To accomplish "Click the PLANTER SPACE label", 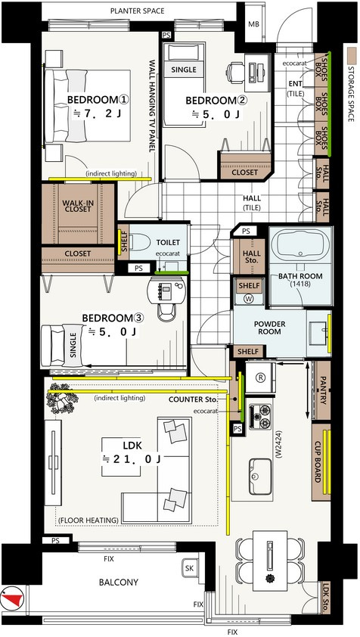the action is pos(138,11).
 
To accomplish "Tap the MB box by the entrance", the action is pos(253,23).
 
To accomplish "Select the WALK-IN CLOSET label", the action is pos(77,206).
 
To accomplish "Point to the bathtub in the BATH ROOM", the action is pos(299,247).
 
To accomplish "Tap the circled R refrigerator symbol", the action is pos(260,377).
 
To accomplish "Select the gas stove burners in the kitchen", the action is pos(259,416).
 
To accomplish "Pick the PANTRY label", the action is pos(324,390).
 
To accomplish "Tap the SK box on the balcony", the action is pos(189,568).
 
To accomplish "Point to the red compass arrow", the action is pos(13,598).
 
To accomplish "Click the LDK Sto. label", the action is pos(325,598).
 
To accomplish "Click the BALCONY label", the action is pos(119,583).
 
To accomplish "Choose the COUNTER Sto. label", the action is pos(194,399).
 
